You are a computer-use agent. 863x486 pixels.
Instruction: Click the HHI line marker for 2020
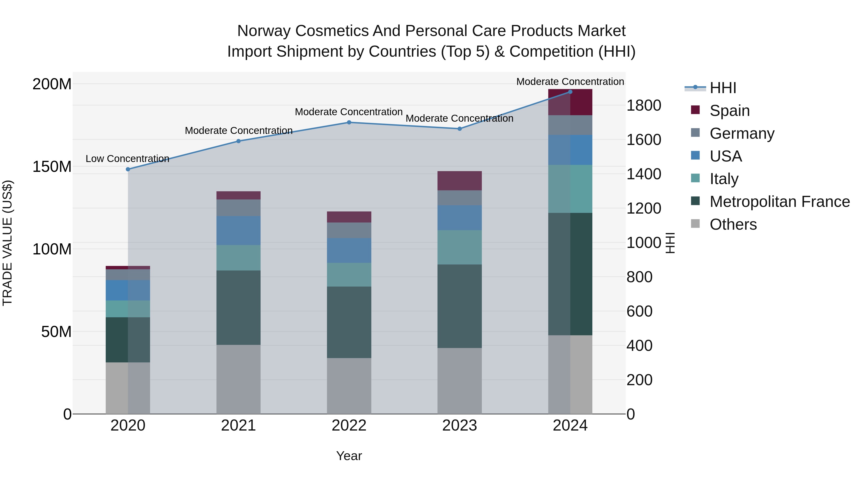(x=128, y=169)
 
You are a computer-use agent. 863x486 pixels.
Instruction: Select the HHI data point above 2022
(x=349, y=122)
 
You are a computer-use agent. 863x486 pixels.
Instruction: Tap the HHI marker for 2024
(x=570, y=92)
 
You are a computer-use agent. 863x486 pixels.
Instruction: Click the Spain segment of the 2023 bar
(x=459, y=181)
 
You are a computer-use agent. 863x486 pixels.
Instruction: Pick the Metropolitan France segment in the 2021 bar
(x=238, y=308)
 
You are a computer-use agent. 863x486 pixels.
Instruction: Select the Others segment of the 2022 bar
(x=349, y=386)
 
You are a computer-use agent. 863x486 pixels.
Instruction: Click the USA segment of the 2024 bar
(x=570, y=150)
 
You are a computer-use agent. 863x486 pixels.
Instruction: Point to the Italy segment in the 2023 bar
(x=459, y=247)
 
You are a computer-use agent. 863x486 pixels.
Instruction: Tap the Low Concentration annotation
(x=127, y=159)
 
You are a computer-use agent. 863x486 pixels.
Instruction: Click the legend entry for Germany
(x=742, y=133)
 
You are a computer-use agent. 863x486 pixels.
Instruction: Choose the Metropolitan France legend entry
(x=780, y=202)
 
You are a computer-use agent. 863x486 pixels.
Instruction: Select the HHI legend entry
(x=723, y=88)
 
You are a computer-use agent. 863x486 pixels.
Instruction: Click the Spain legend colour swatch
(x=695, y=110)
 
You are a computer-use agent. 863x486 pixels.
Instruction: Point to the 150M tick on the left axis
(x=52, y=167)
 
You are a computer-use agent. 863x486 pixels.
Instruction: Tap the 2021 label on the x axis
(x=238, y=426)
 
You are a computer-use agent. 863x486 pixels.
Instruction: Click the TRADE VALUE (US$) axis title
(x=7, y=243)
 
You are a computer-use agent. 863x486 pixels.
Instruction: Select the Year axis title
(x=349, y=456)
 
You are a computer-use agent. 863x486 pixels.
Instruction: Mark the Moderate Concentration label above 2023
(x=459, y=118)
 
